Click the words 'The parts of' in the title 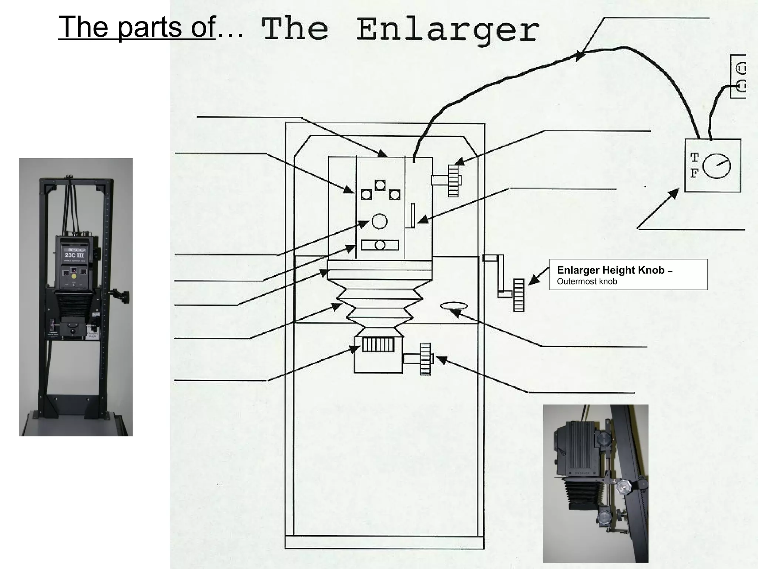click(137, 27)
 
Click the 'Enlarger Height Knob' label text click(611, 270)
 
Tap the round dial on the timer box click(717, 166)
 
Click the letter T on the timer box click(694, 158)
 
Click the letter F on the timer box click(694, 173)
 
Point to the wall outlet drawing click(739, 76)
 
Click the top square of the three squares click(380, 185)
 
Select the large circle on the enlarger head click(379, 221)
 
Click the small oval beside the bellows click(454, 306)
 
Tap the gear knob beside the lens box click(426, 359)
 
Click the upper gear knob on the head click(453, 180)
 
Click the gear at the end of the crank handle click(519, 295)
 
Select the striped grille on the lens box click(378, 345)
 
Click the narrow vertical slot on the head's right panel click(413, 215)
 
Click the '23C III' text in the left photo click(75, 255)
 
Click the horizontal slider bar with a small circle click(380, 245)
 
